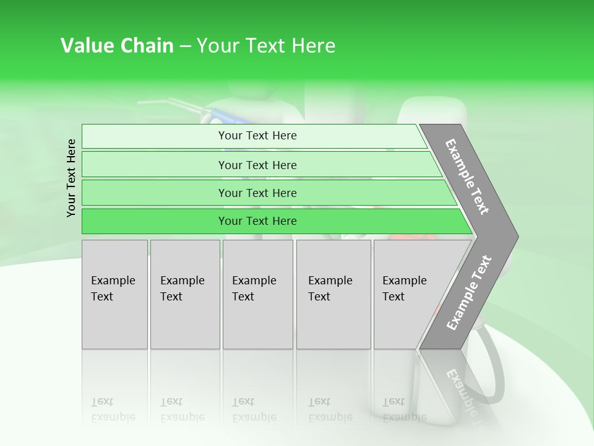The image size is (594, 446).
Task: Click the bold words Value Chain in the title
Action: [117, 46]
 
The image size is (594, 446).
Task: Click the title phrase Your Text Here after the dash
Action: [266, 46]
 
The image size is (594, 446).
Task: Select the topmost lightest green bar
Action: [155, 136]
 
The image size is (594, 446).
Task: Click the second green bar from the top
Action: [155, 165]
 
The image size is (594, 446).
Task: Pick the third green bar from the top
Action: [155, 193]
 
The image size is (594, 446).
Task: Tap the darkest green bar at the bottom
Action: [155, 221]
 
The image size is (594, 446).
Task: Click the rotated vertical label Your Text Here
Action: [71, 178]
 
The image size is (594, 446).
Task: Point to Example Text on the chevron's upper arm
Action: [467, 177]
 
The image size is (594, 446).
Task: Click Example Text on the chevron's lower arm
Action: [469, 293]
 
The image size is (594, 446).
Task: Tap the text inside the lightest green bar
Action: [257, 136]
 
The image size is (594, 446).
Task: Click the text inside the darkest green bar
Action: [257, 221]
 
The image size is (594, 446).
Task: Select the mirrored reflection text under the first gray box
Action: [113, 409]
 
